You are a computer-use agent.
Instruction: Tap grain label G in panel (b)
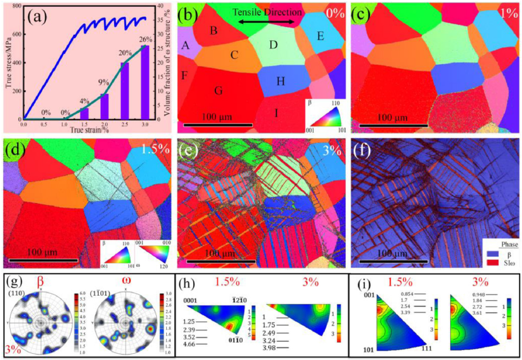click(218, 90)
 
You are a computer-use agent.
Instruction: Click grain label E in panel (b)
click(320, 37)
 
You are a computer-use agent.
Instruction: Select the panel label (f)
click(365, 152)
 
